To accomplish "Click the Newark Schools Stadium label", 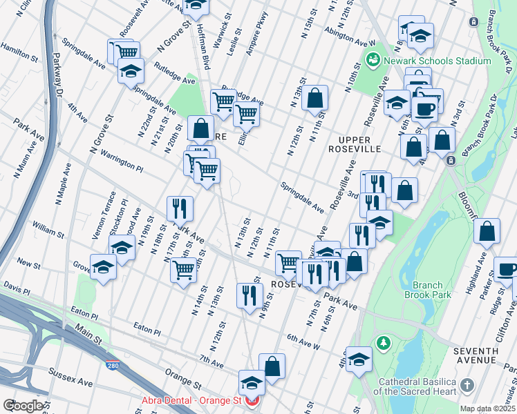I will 435,61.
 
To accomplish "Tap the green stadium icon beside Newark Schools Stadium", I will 373,61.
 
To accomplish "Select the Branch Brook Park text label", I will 432,290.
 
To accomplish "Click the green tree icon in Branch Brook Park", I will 383,343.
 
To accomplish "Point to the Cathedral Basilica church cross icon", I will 467,385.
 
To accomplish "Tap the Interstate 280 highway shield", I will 111,365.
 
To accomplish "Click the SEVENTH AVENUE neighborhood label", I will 476,355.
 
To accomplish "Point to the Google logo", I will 22,405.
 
